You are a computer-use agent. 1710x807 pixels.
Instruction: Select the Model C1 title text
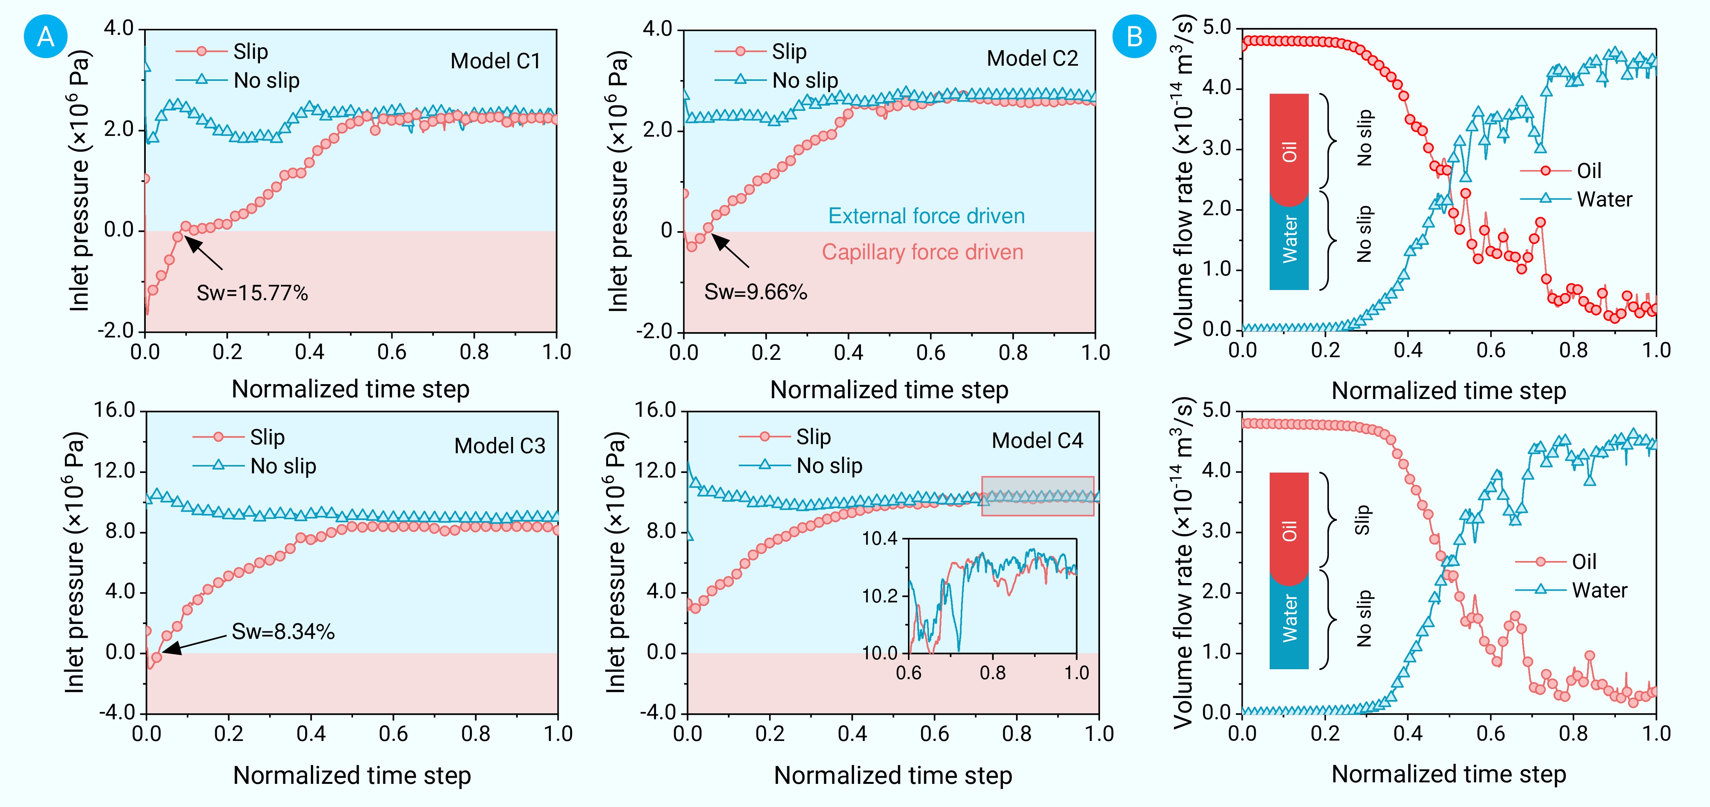coord(495,61)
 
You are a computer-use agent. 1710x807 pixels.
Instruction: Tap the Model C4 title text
coord(1037,441)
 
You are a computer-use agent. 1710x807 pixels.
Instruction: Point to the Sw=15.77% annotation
coord(252,293)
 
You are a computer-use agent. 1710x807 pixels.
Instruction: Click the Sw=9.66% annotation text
coord(755,292)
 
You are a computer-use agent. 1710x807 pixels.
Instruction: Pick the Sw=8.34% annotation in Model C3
coord(283,631)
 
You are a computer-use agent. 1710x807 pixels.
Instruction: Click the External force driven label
coord(926,216)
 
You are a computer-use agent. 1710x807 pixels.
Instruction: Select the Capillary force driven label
coord(922,252)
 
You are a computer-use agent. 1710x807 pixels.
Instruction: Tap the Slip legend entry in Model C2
coord(789,51)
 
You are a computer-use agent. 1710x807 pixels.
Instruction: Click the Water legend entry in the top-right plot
coord(1604,199)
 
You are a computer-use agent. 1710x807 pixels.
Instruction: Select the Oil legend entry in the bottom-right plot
coord(1584,561)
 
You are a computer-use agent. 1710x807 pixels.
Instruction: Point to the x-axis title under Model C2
coord(889,389)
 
